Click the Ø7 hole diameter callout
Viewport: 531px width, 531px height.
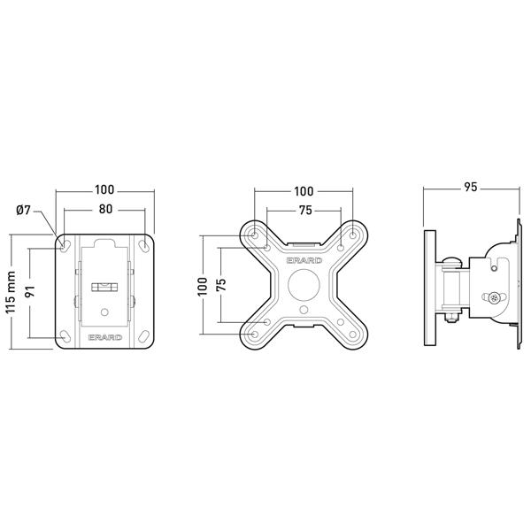[23, 211]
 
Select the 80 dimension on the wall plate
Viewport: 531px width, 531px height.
[105, 209]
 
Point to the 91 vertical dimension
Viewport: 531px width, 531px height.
[30, 291]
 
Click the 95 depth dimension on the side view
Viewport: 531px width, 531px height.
[471, 187]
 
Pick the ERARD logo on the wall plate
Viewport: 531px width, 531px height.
[105, 337]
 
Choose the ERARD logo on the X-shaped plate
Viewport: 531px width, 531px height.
[304, 260]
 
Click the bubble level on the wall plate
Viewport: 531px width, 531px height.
[104, 288]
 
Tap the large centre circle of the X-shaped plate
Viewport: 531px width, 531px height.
[304, 285]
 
